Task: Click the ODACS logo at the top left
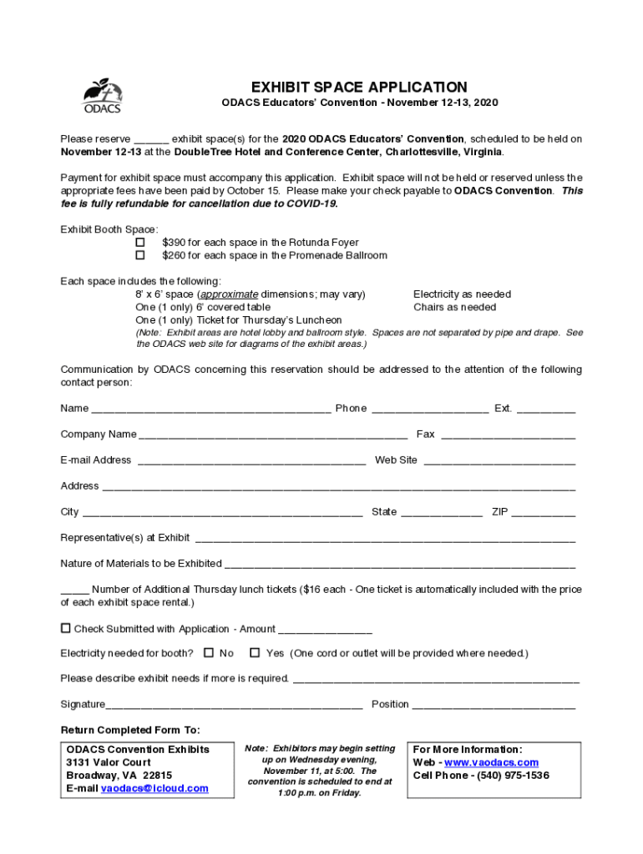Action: (x=102, y=96)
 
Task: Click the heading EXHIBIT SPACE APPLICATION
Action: (x=359, y=87)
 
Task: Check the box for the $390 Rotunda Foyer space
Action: (x=140, y=243)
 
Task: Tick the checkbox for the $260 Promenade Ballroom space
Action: (x=140, y=255)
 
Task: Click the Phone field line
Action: (x=429, y=409)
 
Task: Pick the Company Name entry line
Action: (x=273, y=435)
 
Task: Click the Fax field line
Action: (x=508, y=435)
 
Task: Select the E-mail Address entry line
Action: (x=251, y=461)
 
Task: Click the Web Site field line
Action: (x=499, y=461)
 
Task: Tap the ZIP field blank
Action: (x=543, y=513)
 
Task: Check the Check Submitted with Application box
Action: (x=65, y=628)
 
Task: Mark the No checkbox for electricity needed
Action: (x=209, y=653)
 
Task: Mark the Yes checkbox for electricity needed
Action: (x=255, y=653)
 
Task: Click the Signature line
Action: (x=234, y=706)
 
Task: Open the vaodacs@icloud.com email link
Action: (x=154, y=788)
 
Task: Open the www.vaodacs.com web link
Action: (x=491, y=762)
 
